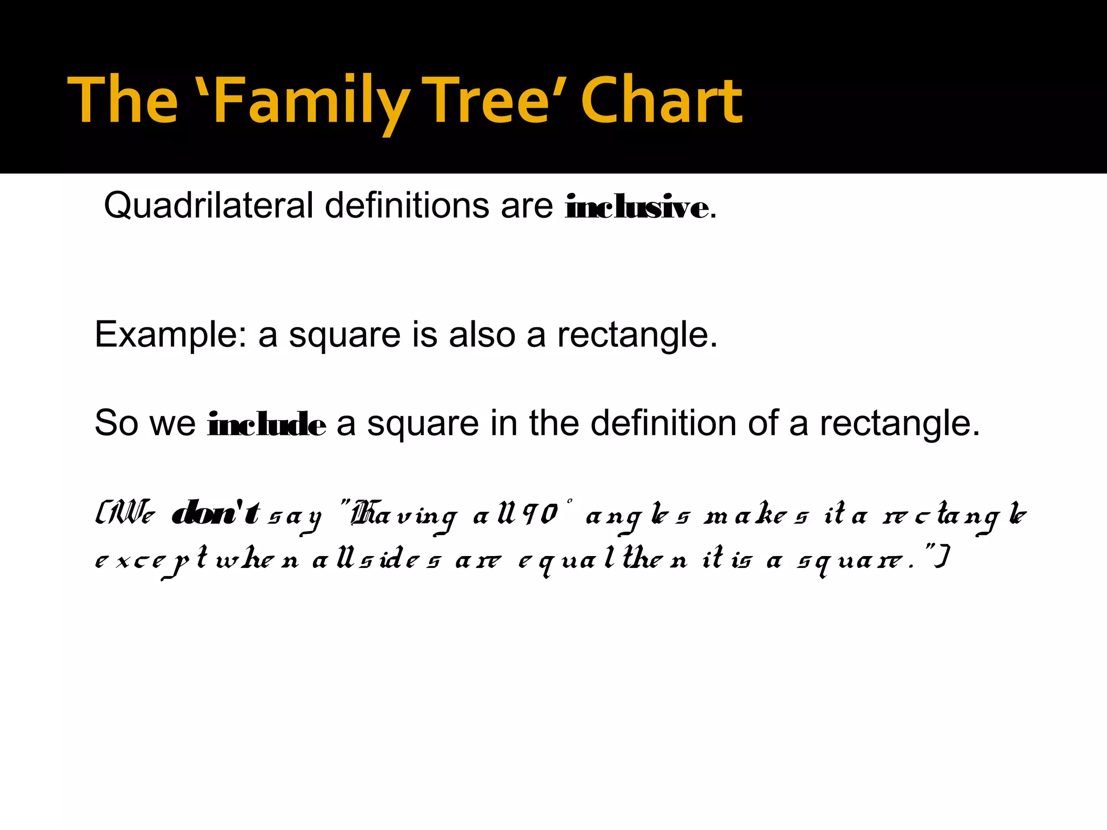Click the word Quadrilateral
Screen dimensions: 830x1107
[x=209, y=206]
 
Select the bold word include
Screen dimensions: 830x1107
[x=266, y=424]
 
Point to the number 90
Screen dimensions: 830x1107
[x=541, y=514]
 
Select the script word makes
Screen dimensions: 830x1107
[x=756, y=516]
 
